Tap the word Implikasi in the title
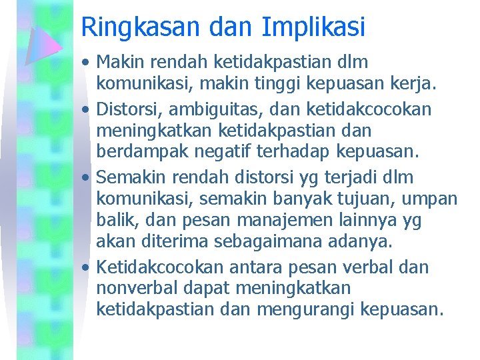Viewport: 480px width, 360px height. click(313, 27)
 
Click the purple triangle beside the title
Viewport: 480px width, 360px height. click(44, 45)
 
